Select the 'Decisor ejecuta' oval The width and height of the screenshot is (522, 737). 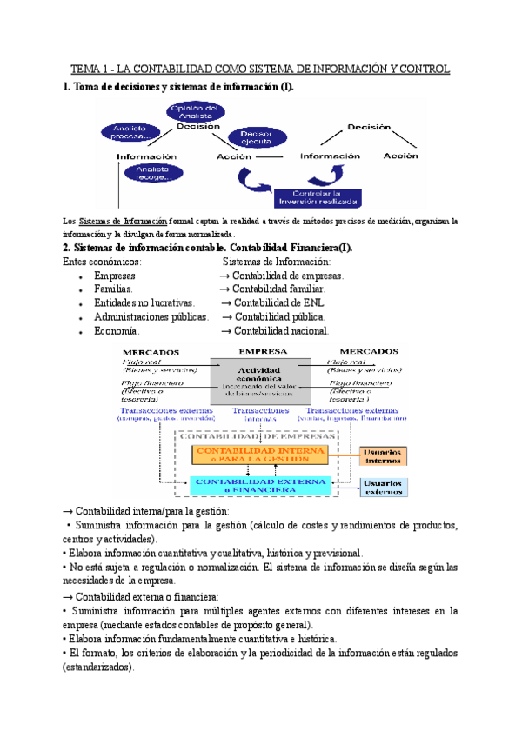click(x=257, y=138)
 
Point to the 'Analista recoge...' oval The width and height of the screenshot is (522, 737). click(x=152, y=174)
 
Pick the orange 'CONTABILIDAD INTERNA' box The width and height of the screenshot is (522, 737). click(x=260, y=455)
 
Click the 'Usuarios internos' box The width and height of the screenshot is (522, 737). click(x=384, y=455)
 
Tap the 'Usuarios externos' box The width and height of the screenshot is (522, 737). click(x=384, y=487)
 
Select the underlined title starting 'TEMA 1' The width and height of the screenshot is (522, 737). click(x=260, y=68)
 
